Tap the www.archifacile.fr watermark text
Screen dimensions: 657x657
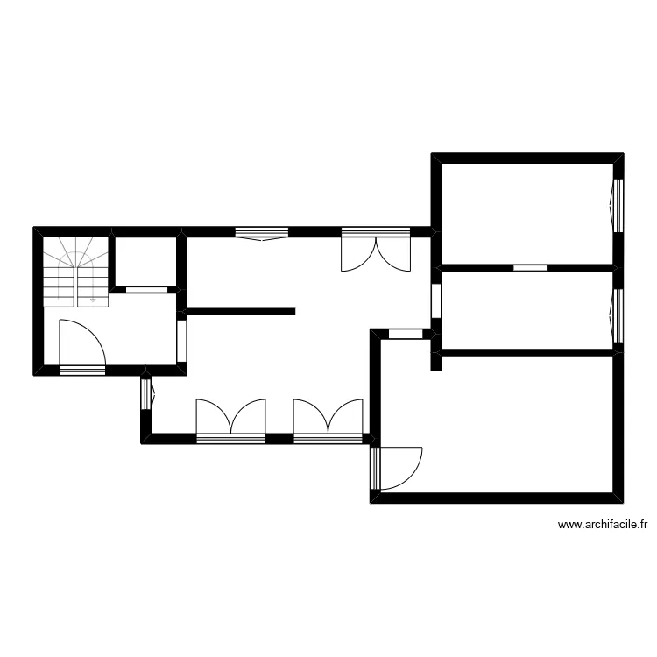click(602, 525)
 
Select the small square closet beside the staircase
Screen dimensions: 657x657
click(145, 260)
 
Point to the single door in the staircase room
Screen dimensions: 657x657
click(82, 346)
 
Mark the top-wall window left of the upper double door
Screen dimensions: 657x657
click(262, 233)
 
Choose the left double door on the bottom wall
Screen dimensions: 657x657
click(230, 419)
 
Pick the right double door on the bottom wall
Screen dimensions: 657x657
click(328, 419)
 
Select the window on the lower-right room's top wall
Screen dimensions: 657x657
click(406, 334)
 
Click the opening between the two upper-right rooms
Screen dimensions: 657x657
click(530, 267)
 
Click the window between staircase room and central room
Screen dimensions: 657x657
click(181, 341)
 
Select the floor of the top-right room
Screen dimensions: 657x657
click(526, 210)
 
